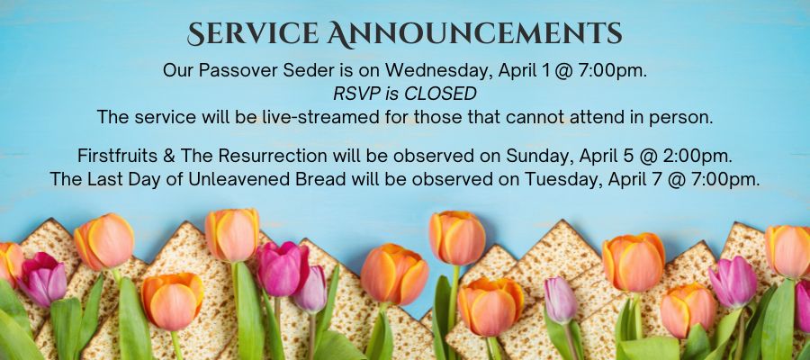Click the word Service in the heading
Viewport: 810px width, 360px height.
coord(253,34)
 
